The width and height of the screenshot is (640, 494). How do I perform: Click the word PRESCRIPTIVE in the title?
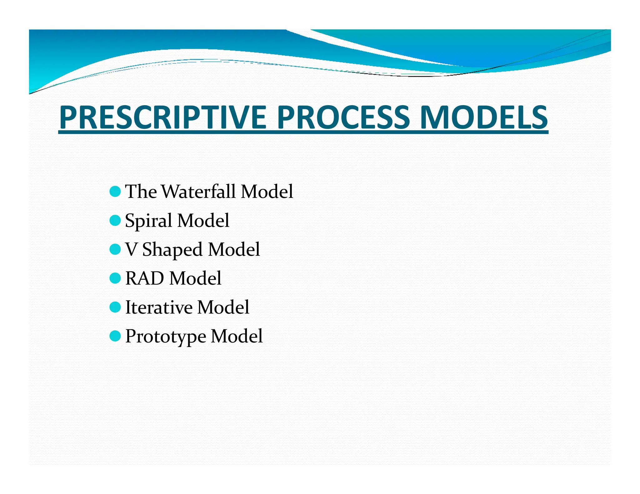pos(162,117)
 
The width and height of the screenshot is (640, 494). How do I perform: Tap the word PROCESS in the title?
pos(343,117)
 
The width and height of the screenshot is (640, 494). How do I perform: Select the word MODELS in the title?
pos(483,117)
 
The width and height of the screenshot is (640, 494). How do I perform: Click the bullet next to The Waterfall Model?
pos(115,191)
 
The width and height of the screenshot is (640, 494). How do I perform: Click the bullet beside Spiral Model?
pos(115,220)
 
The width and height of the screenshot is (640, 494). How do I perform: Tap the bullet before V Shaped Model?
pos(115,249)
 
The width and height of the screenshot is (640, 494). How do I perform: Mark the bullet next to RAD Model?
pos(115,278)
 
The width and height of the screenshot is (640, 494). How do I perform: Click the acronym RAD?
pos(144,278)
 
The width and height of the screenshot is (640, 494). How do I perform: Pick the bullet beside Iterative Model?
pos(115,307)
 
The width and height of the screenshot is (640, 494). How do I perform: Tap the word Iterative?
pos(158,307)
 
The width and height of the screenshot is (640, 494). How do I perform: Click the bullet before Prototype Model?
pos(115,336)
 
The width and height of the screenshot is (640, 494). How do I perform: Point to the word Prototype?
pos(166,337)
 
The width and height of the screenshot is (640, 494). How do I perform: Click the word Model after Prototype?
pos(237,336)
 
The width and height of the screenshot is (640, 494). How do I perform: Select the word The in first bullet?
pos(141,191)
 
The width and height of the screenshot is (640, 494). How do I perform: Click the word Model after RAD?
pos(195,278)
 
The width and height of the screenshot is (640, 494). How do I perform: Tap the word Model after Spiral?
pos(203,220)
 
